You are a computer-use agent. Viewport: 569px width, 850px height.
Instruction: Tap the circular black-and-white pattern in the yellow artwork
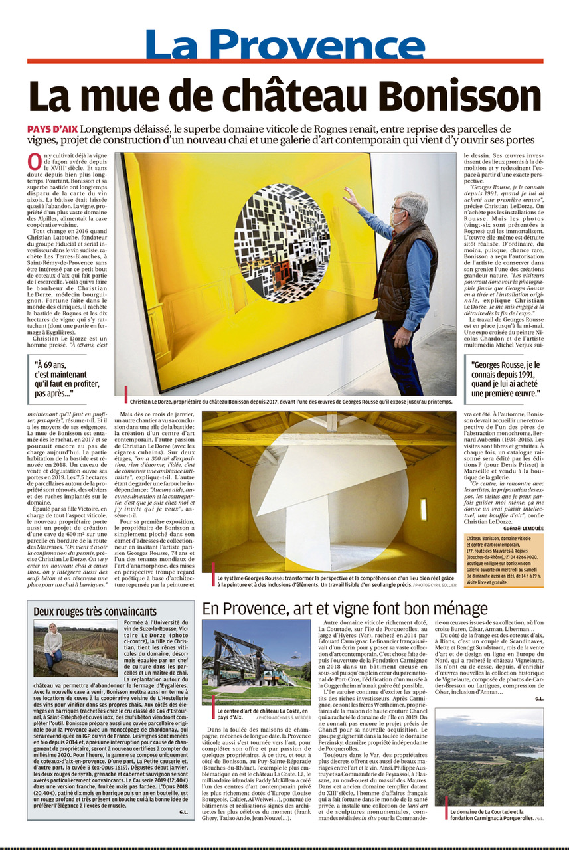point(282,242)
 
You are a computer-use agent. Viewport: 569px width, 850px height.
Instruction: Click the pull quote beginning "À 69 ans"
point(67,379)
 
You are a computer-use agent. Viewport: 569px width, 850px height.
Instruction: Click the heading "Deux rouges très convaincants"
point(96,611)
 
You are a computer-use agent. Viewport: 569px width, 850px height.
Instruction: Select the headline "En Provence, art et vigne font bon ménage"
point(345,608)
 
